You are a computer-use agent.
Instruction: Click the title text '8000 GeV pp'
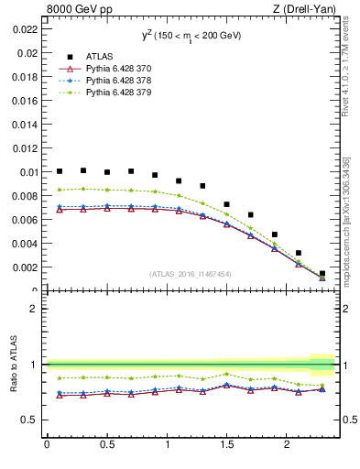76,10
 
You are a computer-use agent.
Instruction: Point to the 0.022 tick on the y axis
26,28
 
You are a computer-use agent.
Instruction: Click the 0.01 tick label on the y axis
28,172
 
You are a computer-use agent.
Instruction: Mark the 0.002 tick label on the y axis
26,267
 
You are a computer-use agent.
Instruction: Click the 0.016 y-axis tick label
26,100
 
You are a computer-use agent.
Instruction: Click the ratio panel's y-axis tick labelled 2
35,309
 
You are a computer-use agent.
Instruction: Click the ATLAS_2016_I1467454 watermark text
191,274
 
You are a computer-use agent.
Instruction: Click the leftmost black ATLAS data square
60,171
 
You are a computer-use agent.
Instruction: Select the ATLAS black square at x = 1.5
226,204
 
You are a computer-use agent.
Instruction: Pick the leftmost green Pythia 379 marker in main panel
60,190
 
